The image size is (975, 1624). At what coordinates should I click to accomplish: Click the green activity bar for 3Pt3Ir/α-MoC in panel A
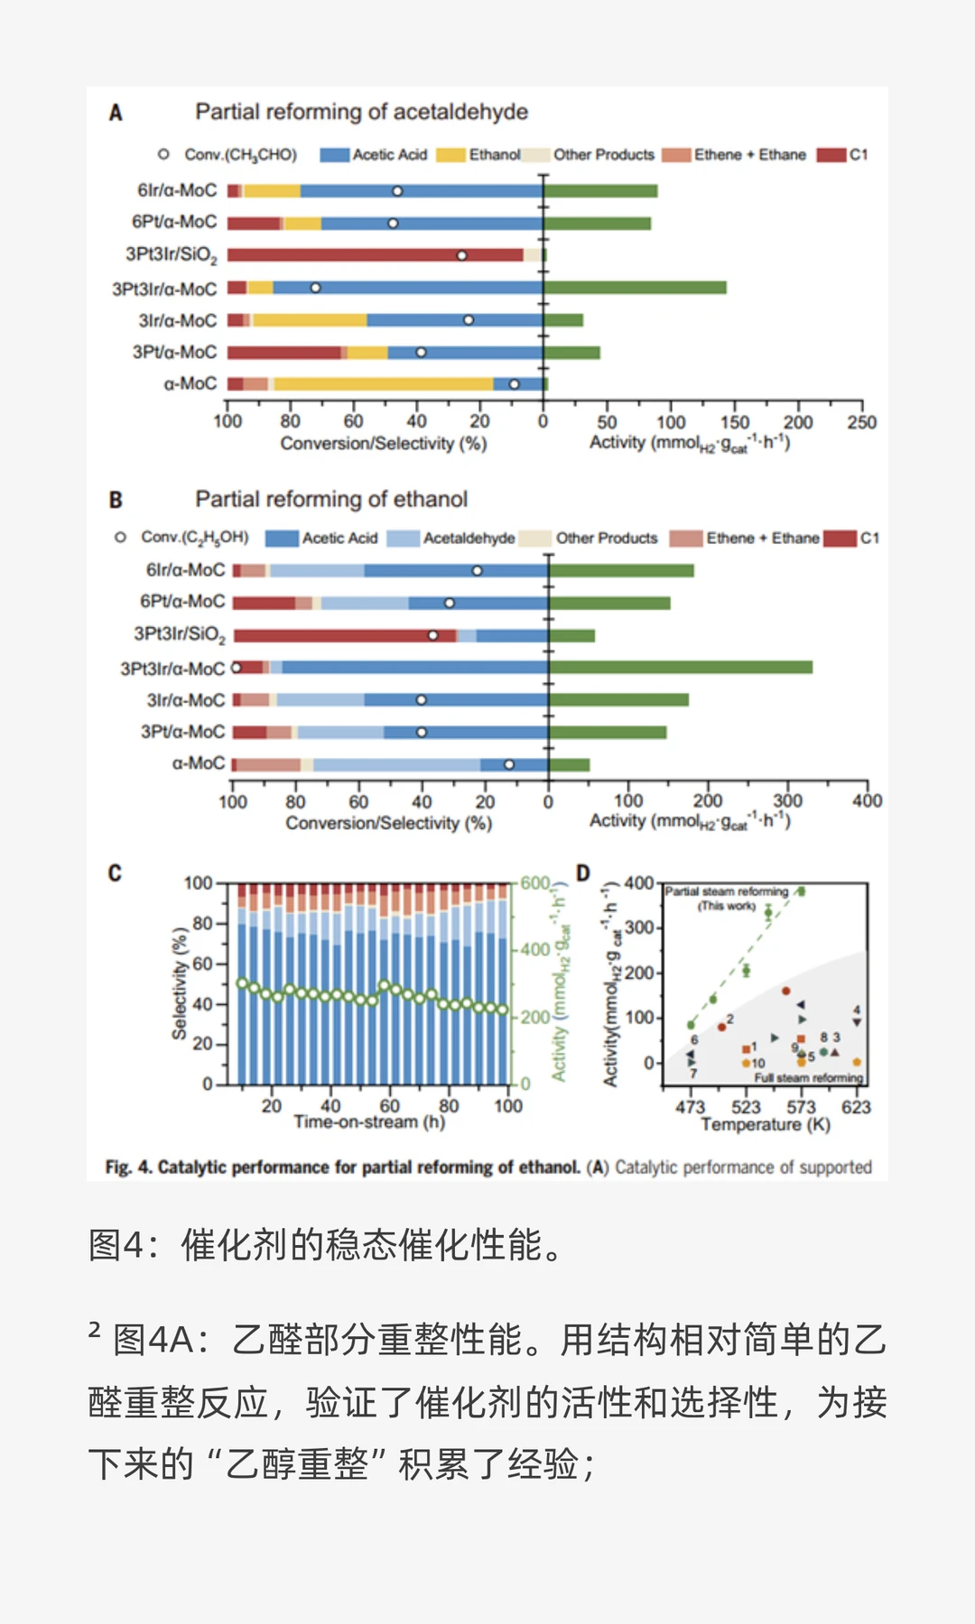click(635, 288)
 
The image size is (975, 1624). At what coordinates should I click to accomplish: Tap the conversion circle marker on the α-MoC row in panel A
click(514, 384)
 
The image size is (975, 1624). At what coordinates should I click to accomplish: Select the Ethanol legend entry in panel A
click(479, 155)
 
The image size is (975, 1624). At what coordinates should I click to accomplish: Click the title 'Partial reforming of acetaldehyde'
click(361, 112)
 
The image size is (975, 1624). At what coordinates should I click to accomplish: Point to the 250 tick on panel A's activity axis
click(861, 422)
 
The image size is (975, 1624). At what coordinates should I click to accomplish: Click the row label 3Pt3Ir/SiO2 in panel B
click(179, 634)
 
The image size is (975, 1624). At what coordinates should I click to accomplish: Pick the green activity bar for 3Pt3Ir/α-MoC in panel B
click(681, 668)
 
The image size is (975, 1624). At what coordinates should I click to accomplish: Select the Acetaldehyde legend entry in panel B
click(451, 539)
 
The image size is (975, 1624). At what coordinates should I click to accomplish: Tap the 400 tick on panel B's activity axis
click(867, 801)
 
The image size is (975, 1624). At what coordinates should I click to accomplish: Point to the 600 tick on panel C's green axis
click(534, 883)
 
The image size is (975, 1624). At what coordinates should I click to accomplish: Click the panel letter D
click(582, 872)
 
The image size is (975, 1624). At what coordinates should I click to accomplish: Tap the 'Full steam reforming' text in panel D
click(808, 1078)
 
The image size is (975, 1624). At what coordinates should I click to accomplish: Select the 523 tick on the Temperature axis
click(746, 1107)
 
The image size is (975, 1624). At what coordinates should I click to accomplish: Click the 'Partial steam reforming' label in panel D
click(727, 891)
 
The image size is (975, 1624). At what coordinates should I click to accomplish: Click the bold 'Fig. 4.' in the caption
click(128, 1167)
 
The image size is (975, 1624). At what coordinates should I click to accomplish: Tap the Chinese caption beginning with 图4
click(330, 1245)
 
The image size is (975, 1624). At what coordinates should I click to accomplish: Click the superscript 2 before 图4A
click(94, 1329)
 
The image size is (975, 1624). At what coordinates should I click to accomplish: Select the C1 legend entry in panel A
click(843, 155)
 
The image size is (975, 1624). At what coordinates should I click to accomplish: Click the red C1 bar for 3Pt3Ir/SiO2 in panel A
click(375, 255)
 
